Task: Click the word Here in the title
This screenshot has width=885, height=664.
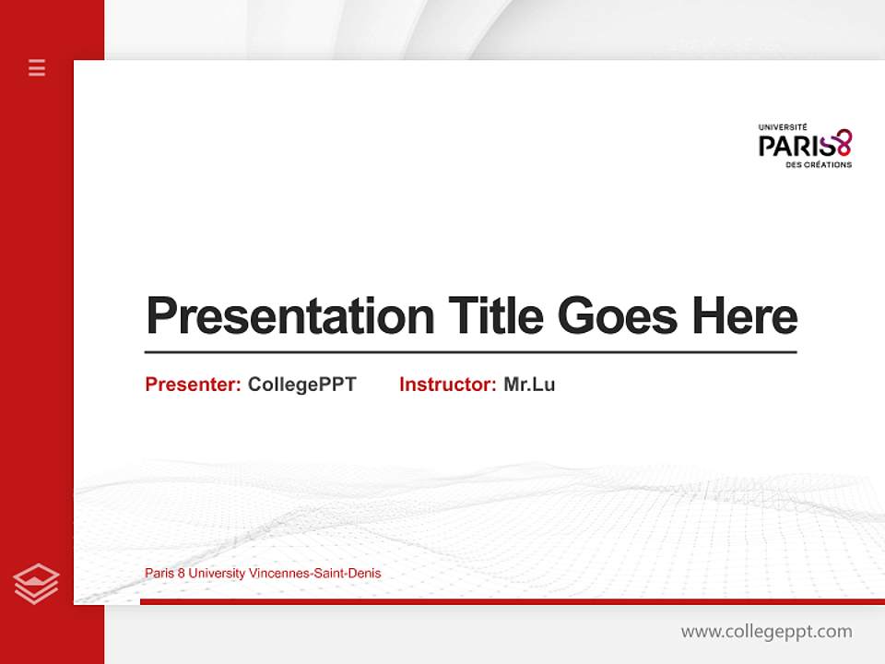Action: tap(744, 316)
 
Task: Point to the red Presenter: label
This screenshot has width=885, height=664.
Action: tap(193, 385)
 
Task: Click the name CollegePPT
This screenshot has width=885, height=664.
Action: tap(301, 385)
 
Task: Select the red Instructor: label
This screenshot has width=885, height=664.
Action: tap(447, 385)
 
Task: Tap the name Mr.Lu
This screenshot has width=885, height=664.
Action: tap(529, 385)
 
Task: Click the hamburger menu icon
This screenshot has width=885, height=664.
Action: tap(37, 67)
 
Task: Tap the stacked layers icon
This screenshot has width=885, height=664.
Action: tap(37, 584)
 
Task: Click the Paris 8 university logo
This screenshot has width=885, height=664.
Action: tap(805, 146)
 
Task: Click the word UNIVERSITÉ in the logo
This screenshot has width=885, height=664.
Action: tap(783, 127)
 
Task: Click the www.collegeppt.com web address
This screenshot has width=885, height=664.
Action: tap(766, 632)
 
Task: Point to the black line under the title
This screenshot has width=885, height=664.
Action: tap(470, 351)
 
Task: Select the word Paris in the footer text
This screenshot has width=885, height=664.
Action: tap(159, 574)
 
